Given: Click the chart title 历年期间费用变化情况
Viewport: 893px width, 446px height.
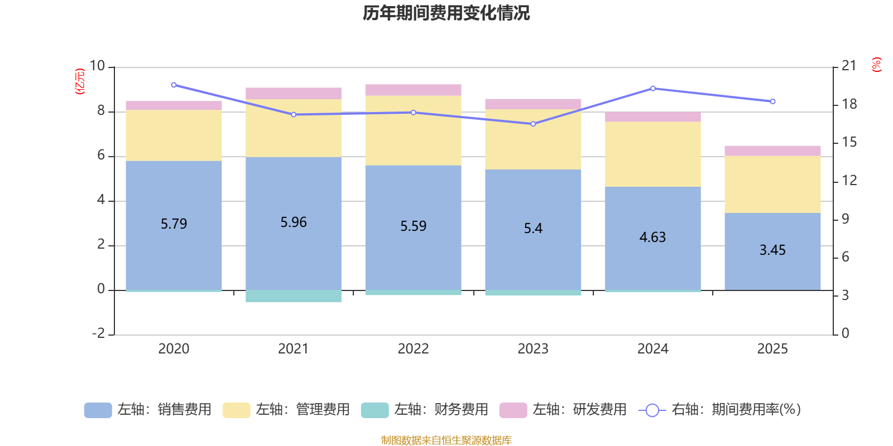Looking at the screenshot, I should click(x=446, y=13).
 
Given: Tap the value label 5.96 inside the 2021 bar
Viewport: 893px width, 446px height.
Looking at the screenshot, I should click(x=294, y=222).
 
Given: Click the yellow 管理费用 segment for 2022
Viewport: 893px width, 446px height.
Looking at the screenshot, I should click(x=413, y=130).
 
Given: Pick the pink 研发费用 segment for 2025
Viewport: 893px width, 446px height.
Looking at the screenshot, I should click(x=772, y=151).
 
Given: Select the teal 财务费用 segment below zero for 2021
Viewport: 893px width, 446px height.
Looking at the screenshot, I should click(x=294, y=296).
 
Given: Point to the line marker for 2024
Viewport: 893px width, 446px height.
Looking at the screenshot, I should click(x=652, y=89).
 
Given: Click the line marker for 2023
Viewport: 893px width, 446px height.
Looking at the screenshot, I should click(x=533, y=124).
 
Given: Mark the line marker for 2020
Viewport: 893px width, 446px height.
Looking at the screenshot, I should click(x=174, y=85).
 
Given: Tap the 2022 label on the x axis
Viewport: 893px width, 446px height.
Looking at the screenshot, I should click(x=413, y=349).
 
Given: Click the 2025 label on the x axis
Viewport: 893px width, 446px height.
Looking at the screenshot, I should click(x=772, y=349).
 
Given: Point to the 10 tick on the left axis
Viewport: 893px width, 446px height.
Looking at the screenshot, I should click(x=97, y=66).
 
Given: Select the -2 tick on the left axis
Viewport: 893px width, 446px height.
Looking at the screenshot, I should click(x=99, y=333).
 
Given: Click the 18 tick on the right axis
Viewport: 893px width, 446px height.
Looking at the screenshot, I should click(x=849, y=104).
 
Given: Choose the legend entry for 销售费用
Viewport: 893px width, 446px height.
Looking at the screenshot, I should click(x=148, y=410).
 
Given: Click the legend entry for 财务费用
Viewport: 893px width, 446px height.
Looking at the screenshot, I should click(x=425, y=410).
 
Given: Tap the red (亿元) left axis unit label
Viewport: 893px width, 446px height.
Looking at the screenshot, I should click(x=80, y=81).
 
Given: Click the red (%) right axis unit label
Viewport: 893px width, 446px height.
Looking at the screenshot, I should click(x=877, y=65).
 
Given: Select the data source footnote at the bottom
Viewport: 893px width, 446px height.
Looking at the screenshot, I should click(x=446, y=440).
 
